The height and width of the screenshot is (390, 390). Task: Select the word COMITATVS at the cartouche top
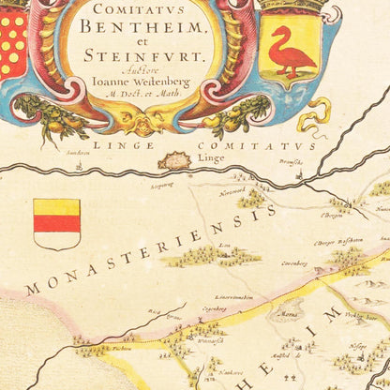point(138,7)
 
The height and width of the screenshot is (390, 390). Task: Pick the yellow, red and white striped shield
point(57,223)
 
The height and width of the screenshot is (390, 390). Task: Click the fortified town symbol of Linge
point(175,161)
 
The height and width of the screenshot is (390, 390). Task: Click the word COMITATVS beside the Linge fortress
point(270,147)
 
